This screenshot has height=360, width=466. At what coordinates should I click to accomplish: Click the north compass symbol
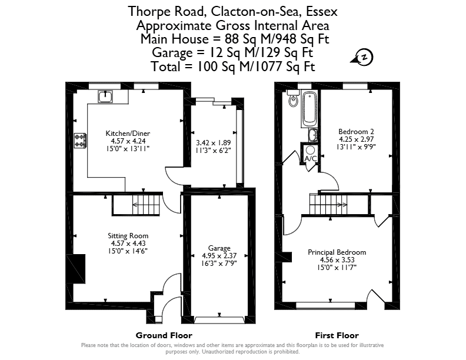pyautogui.click(x=362, y=57)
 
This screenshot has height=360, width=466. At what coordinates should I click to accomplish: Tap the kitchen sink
pyautogui.click(x=105, y=96)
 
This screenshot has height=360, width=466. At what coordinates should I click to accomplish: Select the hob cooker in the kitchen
pyautogui.click(x=80, y=141)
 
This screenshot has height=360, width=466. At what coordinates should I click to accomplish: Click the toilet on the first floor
pyautogui.click(x=293, y=98)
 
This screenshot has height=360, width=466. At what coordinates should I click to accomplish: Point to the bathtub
pyautogui.click(x=309, y=109)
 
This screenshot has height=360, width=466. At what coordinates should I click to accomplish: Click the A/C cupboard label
pyautogui.click(x=311, y=159)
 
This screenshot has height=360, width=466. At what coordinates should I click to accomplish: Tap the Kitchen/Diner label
pyautogui.click(x=128, y=134)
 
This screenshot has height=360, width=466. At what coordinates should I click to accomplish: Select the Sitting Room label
pyautogui.click(x=128, y=236)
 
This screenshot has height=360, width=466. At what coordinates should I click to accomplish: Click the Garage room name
pyautogui.click(x=219, y=248)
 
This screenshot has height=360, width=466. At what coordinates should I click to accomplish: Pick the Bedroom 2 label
pyautogui.click(x=356, y=132)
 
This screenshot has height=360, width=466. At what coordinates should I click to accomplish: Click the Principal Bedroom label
pyautogui.click(x=337, y=252)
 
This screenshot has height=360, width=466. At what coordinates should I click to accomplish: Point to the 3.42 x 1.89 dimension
pyautogui.click(x=214, y=143)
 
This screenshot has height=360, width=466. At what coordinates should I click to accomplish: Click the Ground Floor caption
pyautogui.click(x=164, y=336)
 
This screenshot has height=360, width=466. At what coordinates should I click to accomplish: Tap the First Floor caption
pyautogui.click(x=337, y=336)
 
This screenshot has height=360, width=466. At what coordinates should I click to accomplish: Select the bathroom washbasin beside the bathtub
pyautogui.click(x=312, y=135)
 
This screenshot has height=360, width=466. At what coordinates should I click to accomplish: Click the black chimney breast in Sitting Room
pyautogui.click(x=76, y=269)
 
